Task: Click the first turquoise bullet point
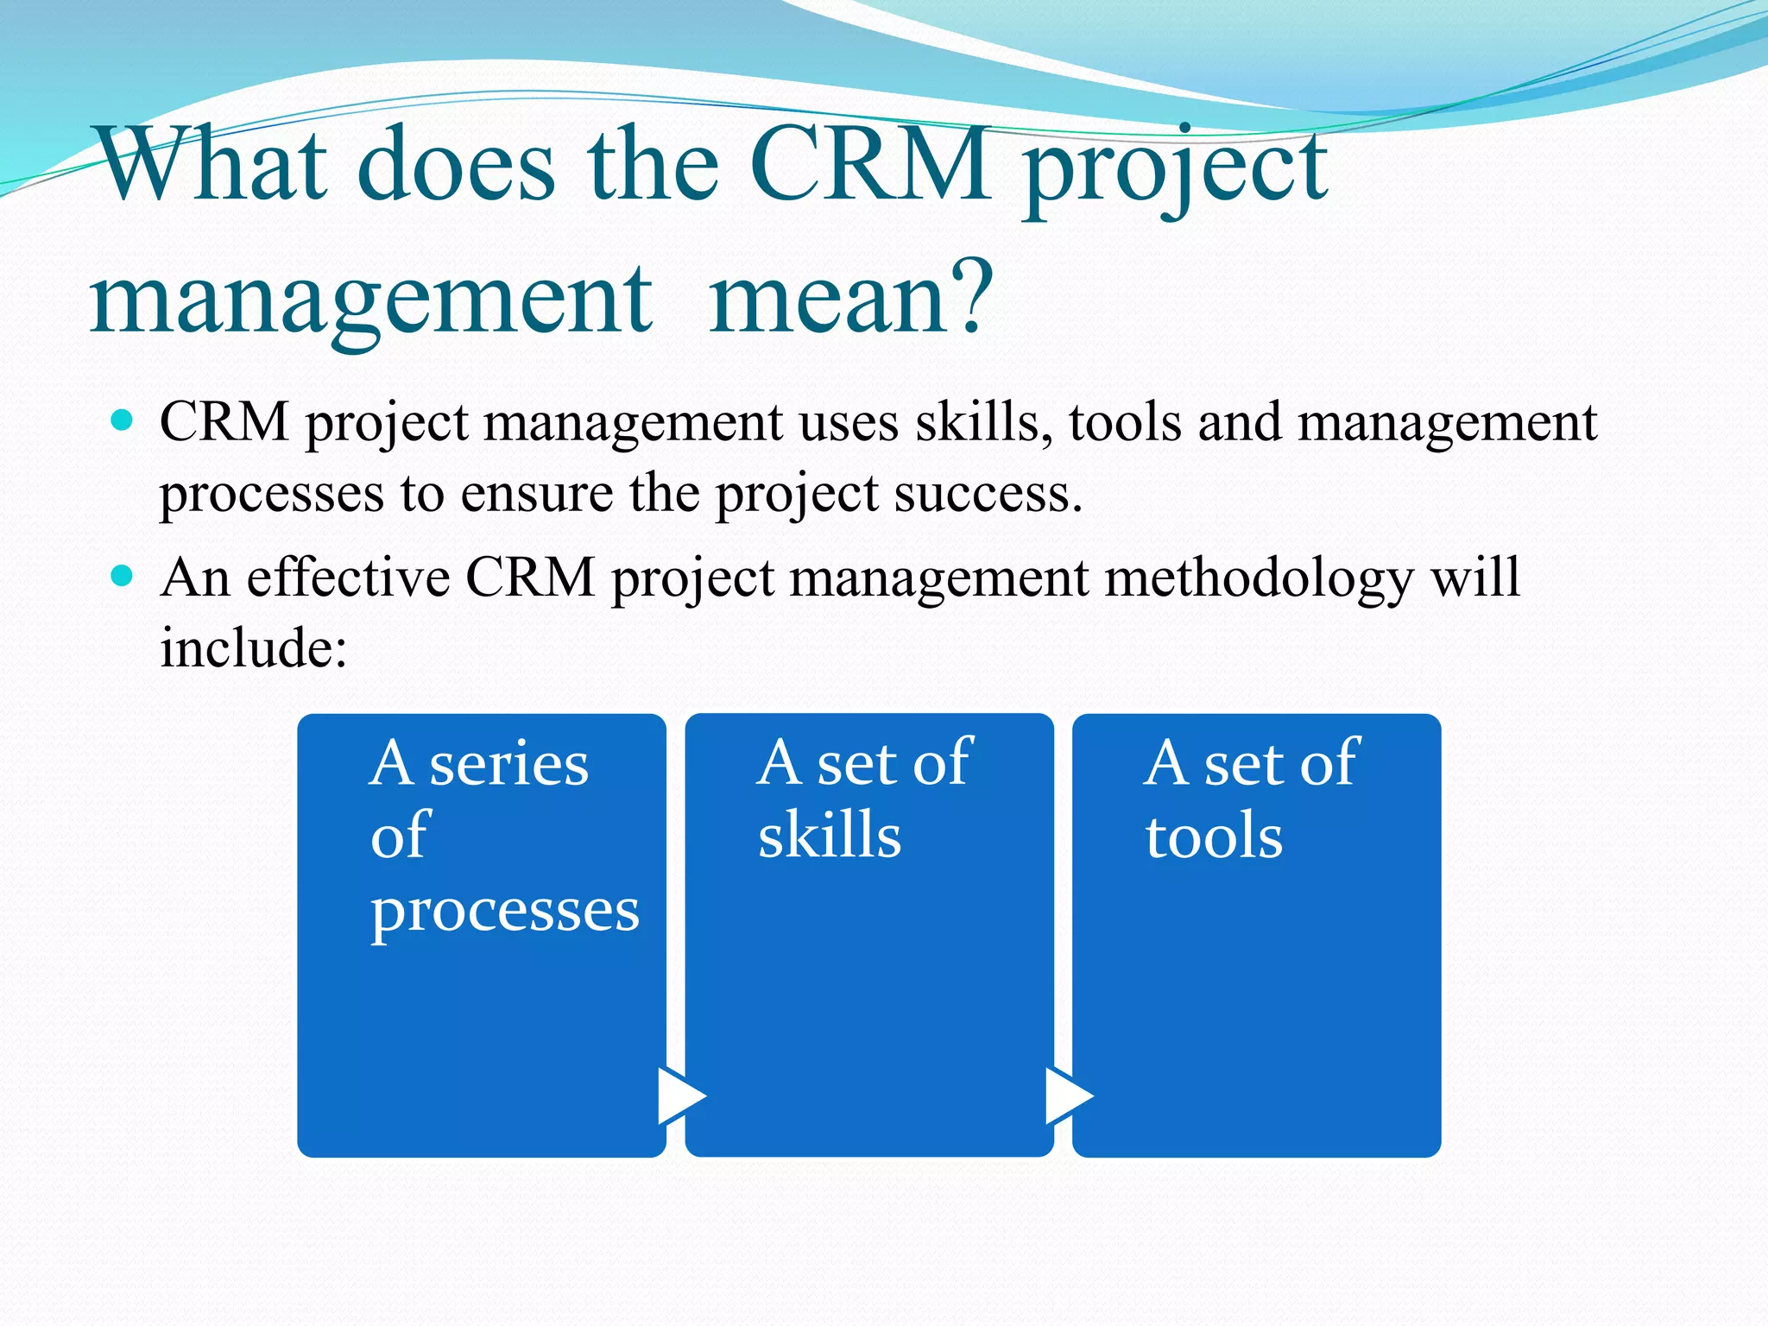tap(123, 421)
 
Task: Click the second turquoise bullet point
tap(123, 576)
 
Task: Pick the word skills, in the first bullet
tap(983, 423)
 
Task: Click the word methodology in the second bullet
tap(1259, 578)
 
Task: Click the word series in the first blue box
tap(508, 765)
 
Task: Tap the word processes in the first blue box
tap(505, 912)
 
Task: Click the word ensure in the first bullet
tap(536, 494)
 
